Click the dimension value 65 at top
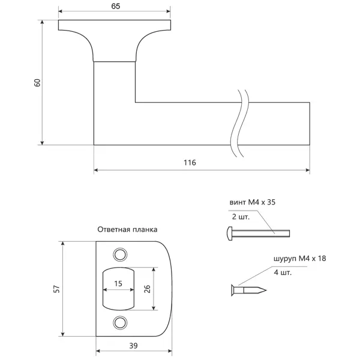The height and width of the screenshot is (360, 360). tap(115, 6)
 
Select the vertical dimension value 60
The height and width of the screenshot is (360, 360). tap(37, 83)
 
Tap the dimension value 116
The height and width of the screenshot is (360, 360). tap(190, 163)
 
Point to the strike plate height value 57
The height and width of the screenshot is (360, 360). tap(56, 289)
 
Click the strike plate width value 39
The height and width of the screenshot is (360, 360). tap(133, 346)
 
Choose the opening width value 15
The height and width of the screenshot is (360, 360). tap(118, 284)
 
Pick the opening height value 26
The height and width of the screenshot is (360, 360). tap(147, 289)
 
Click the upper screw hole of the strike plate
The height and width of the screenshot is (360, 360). tap(120, 254)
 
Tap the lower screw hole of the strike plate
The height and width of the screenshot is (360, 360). tap(120, 323)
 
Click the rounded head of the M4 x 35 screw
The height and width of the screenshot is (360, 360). tap(229, 233)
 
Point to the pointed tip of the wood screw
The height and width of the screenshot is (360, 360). tap(266, 290)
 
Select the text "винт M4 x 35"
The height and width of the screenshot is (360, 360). tap(253, 202)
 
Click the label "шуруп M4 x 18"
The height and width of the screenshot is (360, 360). tap(299, 259)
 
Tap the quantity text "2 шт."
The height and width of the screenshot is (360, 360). tap(241, 217)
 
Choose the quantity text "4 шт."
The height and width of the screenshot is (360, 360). tap(283, 272)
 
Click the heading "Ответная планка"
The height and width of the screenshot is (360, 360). tap(127, 229)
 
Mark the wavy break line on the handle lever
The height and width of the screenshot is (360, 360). tap(239, 123)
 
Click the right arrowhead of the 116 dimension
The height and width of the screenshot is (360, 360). tap(308, 170)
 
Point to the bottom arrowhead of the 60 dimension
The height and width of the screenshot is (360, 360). tap(42, 143)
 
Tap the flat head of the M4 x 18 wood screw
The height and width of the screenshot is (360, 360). tap(233, 290)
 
